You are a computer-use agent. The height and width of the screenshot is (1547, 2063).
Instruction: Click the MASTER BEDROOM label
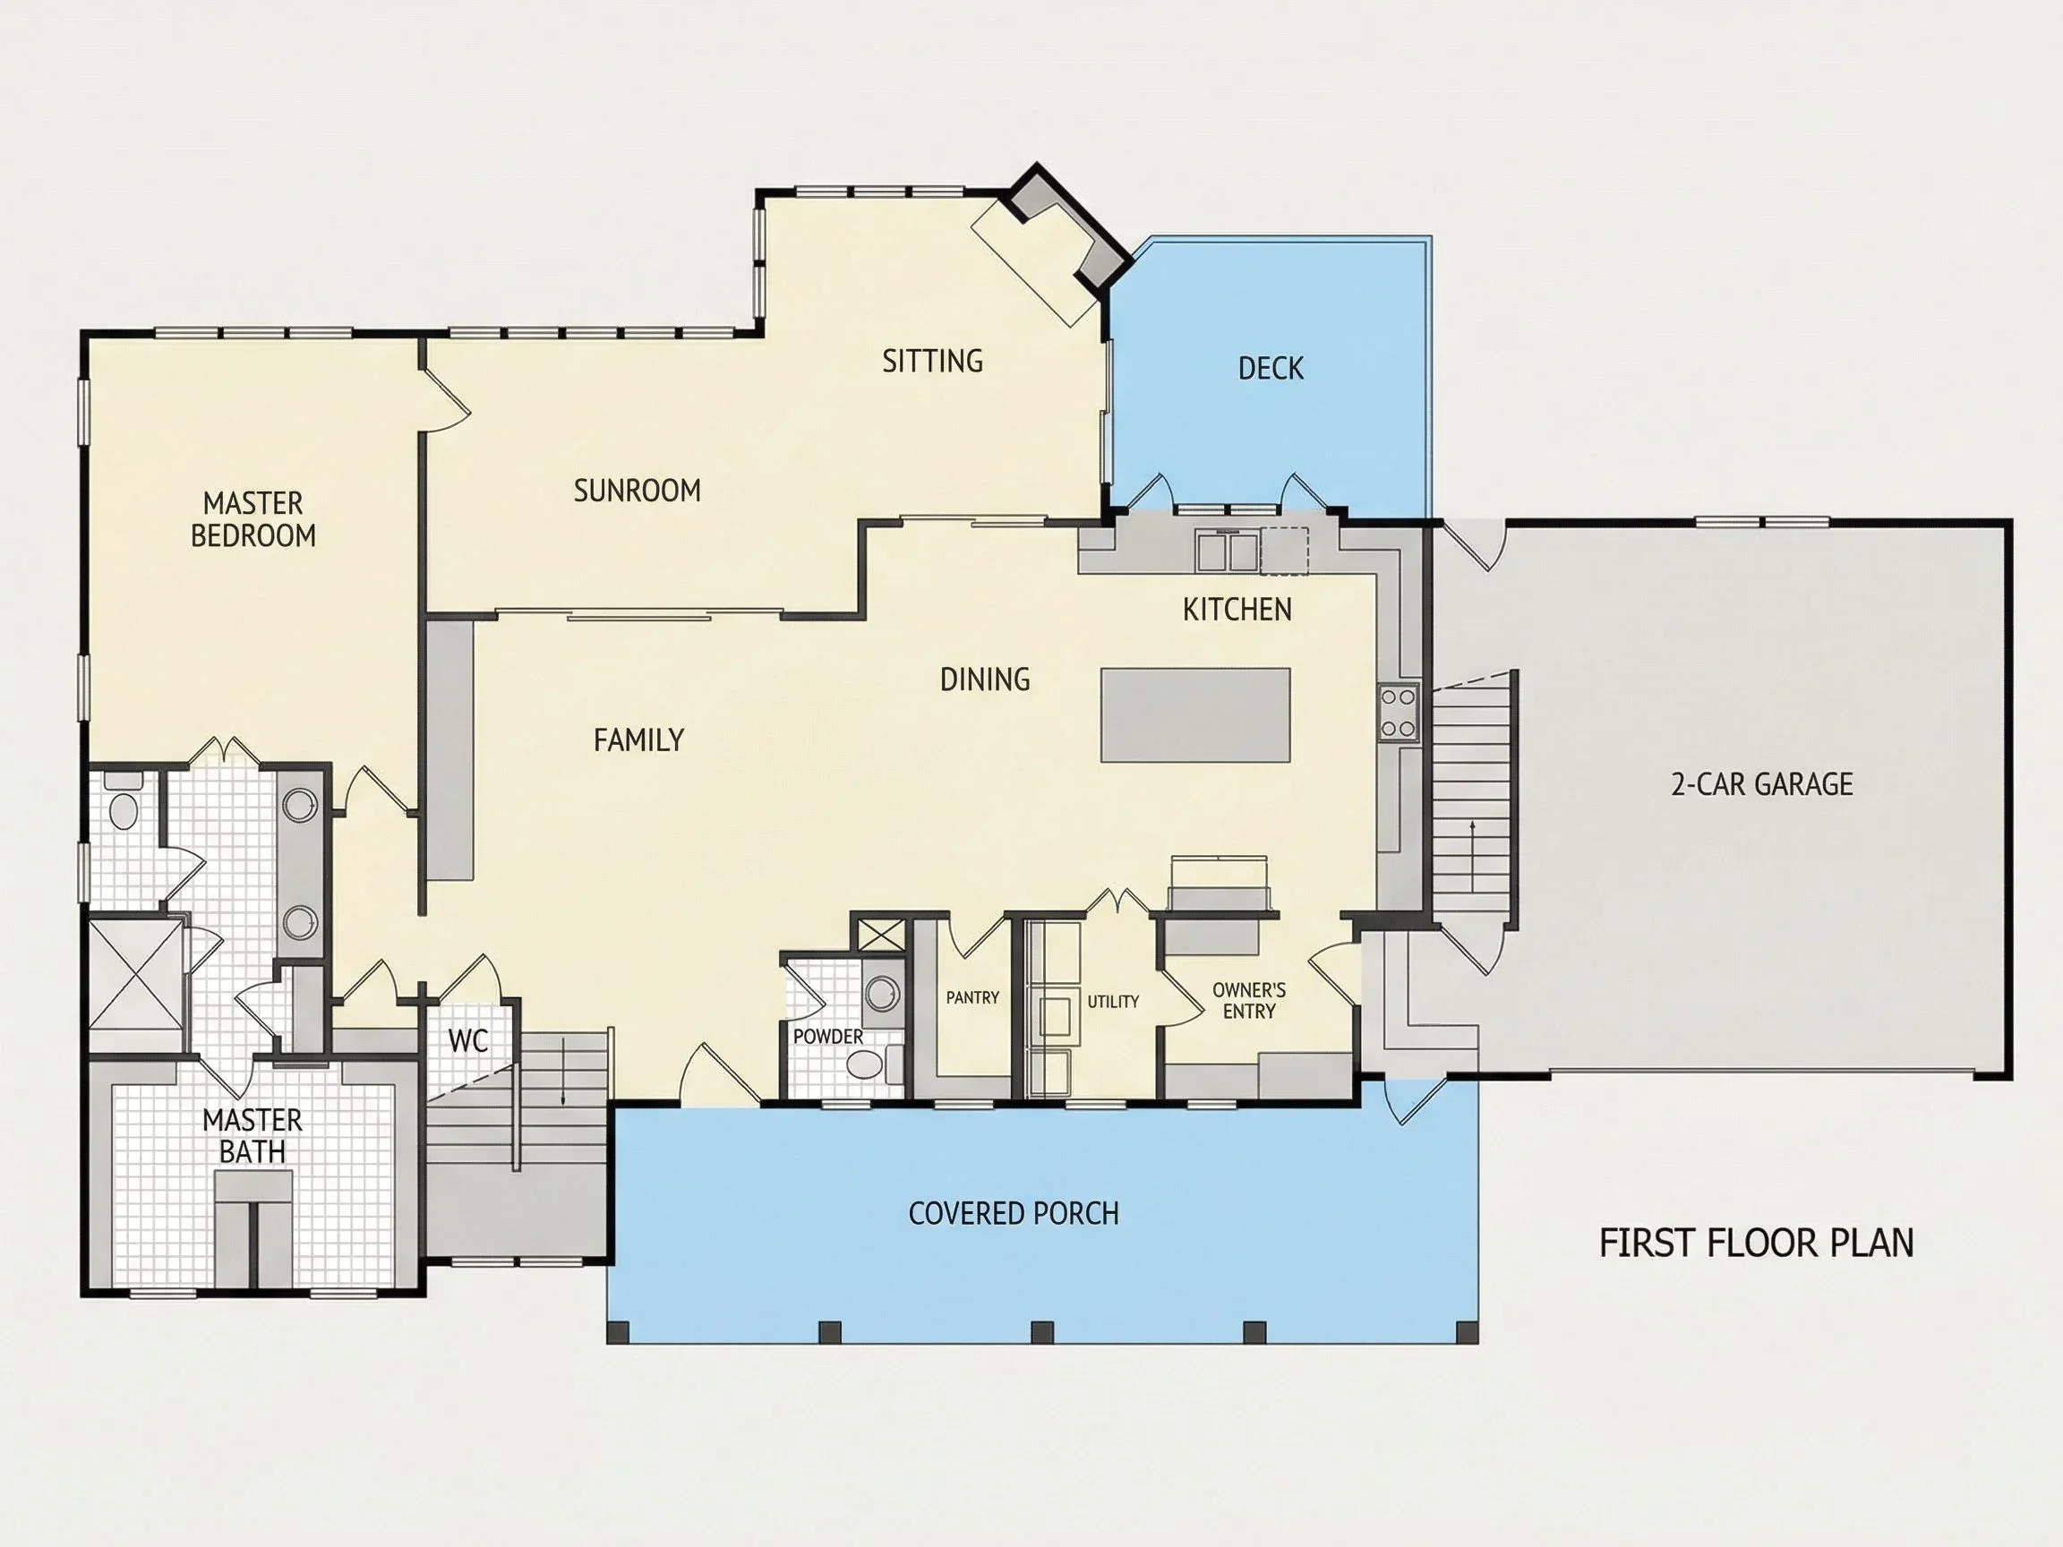[x=253, y=519]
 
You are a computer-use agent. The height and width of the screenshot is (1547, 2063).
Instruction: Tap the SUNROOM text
[x=637, y=491]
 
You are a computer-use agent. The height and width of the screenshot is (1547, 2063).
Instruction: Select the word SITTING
[x=933, y=361]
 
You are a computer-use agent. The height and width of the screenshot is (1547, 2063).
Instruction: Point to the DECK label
[x=1271, y=368]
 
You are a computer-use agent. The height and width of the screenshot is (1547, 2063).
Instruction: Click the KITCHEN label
[x=1237, y=610]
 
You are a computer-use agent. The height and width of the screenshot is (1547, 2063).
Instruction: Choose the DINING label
[x=985, y=679]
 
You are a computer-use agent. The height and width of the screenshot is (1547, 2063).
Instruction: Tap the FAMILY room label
[x=638, y=740]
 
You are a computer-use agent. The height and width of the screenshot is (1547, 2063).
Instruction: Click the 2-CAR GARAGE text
[x=1762, y=784]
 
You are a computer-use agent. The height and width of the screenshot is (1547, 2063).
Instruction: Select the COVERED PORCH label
[x=1014, y=1213]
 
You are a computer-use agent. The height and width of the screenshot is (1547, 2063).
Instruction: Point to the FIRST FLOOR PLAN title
[x=1756, y=1243]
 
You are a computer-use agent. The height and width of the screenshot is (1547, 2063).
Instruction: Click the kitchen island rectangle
[x=1195, y=715]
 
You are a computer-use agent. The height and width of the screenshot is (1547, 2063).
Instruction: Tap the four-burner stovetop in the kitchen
[x=1399, y=713]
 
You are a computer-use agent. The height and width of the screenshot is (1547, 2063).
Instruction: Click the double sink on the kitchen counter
[x=1228, y=551]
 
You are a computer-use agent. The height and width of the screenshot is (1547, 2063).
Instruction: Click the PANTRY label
[x=972, y=998]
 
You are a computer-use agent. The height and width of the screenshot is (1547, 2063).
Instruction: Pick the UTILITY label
[x=1113, y=1002]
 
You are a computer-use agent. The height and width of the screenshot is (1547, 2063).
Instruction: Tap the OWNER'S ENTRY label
[x=1249, y=1001]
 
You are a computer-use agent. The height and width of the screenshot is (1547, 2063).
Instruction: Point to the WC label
[x=468, y=1040]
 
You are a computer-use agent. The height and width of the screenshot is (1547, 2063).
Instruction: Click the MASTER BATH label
[x=252, y=1136]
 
